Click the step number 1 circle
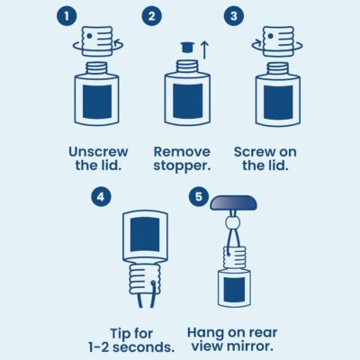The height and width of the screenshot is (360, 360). (67, 16)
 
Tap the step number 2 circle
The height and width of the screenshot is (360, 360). (152, 16)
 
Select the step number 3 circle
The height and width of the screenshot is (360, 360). (234, 16)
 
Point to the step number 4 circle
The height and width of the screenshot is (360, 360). (101, 197)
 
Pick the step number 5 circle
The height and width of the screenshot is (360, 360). (199, 197)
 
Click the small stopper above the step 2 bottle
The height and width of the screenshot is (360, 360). (187, 48)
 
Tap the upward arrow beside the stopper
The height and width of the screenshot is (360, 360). (204, 49)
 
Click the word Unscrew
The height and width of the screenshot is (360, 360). (98, 152)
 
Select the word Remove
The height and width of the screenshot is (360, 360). (182, 152)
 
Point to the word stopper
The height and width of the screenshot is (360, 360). (181, 166)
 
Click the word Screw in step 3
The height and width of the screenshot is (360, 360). (254, 152)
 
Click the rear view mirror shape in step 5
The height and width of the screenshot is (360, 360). (234, 202)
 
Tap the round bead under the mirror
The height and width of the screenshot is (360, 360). (233, 223)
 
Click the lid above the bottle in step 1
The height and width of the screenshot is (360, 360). (97, 41)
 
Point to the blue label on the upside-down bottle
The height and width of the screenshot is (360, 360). (145, 234)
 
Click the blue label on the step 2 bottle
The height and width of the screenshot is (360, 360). (187, 101)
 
